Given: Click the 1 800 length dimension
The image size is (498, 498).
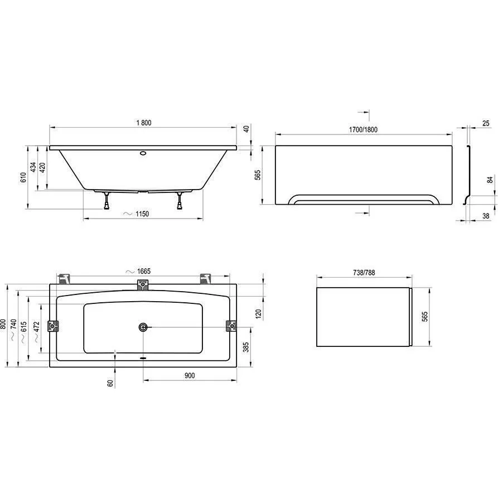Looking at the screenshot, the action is click(144, 123).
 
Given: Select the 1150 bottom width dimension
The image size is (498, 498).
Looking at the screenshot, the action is click(142, 214).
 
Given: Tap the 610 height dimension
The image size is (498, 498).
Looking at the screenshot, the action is click(23, 177).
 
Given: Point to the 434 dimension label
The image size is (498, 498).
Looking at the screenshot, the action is click(33, 167).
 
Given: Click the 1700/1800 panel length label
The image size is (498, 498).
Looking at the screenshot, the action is click(364, 129).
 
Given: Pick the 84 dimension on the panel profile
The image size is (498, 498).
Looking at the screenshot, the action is click(490, 180).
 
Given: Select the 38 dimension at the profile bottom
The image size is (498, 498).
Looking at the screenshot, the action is click(486, 216).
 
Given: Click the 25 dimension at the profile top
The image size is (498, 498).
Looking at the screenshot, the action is click(486, 123).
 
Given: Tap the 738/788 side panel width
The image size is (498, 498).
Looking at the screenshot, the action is click(364, 273).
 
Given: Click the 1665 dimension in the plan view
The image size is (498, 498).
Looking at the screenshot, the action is click(143, 271).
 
